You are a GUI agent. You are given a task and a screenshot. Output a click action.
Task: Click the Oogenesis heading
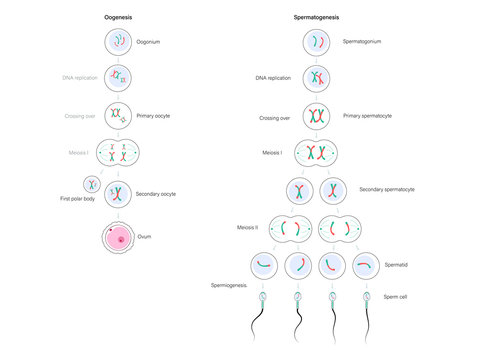119,18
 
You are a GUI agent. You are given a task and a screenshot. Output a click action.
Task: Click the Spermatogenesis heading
318,18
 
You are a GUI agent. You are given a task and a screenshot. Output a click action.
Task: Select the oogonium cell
119,42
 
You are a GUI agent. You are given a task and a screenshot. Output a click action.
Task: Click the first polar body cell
92,185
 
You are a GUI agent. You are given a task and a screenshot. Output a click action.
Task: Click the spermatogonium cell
317,42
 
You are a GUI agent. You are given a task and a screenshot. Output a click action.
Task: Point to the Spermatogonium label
362,42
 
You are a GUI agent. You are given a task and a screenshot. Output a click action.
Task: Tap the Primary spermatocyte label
367,116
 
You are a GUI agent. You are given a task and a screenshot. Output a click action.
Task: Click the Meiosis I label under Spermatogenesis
267,153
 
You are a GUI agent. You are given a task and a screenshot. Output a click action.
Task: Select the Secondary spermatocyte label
385,189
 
